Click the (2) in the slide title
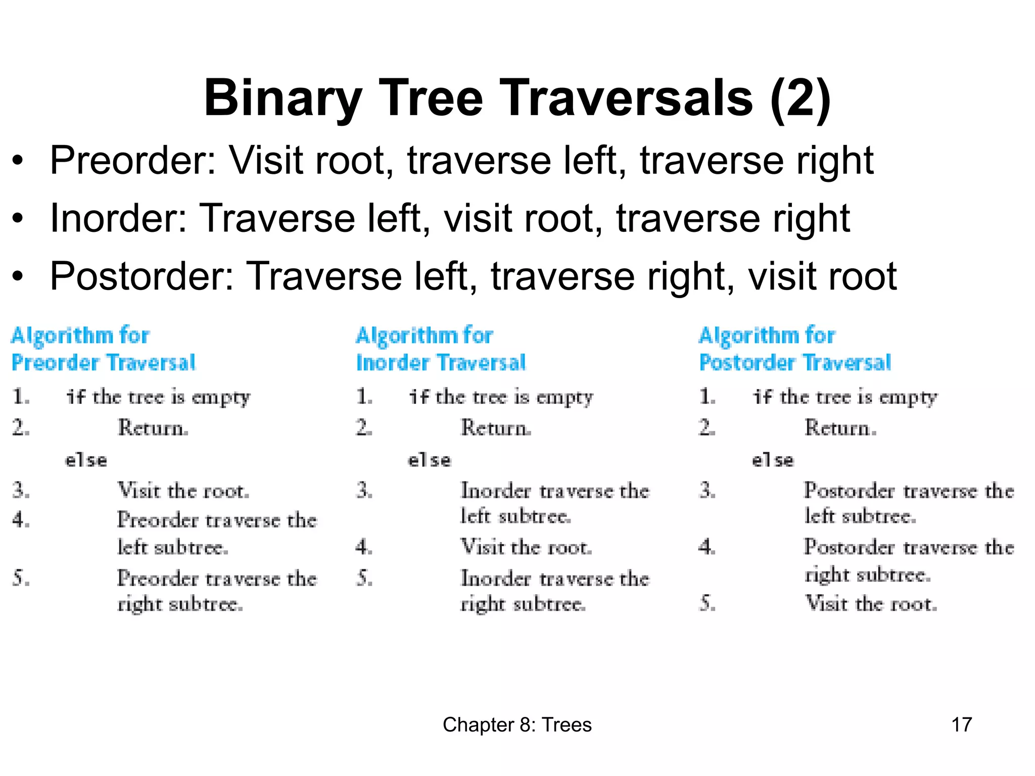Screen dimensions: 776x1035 [801, 99]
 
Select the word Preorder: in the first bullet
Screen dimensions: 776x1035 [133, 161]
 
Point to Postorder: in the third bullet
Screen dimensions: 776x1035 [142, 276]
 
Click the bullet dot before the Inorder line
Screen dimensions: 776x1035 [18, 219]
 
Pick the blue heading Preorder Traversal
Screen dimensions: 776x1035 [104, 363]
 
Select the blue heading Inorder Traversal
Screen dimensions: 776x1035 [441, 363]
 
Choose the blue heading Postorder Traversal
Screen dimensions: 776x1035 [794, 363]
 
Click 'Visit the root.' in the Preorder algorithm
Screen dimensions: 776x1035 [183, 491]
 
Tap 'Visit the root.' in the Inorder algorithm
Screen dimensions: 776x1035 [526, 547]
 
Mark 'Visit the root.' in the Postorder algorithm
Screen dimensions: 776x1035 [871, 604]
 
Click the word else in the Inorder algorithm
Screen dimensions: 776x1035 [429, 460]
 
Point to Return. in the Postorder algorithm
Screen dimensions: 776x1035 [840, 428]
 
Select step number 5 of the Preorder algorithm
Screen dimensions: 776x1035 [20, 578]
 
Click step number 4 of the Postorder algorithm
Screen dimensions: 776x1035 [707, 547]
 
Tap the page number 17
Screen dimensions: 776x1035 [961, 724]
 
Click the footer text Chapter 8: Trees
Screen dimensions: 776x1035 [517, 724]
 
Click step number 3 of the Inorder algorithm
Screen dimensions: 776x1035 [364, 491]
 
